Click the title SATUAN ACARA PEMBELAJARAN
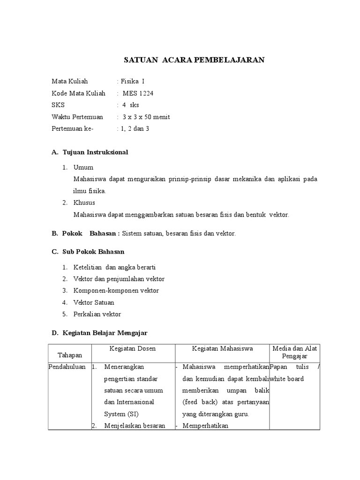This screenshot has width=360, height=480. pyautogui.click(x=194, y=60)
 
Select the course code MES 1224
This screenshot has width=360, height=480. pyautogui.click(x=138, y=93)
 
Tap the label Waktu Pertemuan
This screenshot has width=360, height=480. pyautogui.click(x=77, y=117)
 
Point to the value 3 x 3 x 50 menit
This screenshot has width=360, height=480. pyautogui.click(x=146, y=117)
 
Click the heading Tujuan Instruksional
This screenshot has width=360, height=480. pyautogui.click(x=95, y=152)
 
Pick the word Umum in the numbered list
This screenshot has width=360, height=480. pyautogui.click(x=83, y=167)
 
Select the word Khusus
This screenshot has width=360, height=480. pyautogui.click(x=84, y=202)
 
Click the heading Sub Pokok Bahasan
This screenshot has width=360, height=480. pyautogui.click(x=93, y=252)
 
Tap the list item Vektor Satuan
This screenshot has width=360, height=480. pyautogui.click(x=94, y=302)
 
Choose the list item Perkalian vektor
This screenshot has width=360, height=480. pyautogui.click(x=97, y=314)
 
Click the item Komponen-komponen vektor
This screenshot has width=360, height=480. pyautogui.click(x=116, y=291)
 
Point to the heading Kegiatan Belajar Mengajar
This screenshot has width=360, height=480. pyautogui.click(x=105, y=333)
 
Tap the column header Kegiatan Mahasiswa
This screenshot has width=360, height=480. pyautogui.click(x=223, y=349)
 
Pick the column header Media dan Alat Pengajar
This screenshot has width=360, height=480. pyautogui.click(x=295, y=352)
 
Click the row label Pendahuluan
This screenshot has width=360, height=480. pyautogui.click(x=67, y=367)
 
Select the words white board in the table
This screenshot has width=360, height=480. pyautogui.click(x=287, y=379)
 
